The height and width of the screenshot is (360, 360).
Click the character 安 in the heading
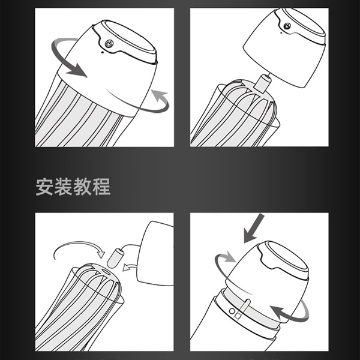click(x=44, y=187)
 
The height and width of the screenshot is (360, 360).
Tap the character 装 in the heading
click(x=64, y=187)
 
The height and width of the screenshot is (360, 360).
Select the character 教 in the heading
click(x=82, y=187)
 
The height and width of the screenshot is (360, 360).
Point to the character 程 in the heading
click(x=101, y=187)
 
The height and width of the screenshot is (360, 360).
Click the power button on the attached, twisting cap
click(x=109, y=43)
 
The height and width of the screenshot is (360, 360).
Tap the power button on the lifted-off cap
click(x=287, y=26)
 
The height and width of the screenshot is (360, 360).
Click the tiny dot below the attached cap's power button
click(x=102, y=52)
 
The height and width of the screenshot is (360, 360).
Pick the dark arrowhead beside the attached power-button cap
click(x=77, y=70)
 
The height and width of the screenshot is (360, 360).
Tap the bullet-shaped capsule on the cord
click(x=115, y=258)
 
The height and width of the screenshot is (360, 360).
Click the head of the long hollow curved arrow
click(x=101, y=254)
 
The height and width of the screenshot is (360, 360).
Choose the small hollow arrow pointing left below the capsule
click(x=129, y=267)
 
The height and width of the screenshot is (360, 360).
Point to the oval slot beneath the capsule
click(x=106, y=271)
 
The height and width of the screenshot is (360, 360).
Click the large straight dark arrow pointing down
click(x=253, y=228)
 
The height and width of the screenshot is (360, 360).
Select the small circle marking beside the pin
click(x=232, y=311)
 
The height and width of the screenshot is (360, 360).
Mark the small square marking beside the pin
click(x=238, y=316)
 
